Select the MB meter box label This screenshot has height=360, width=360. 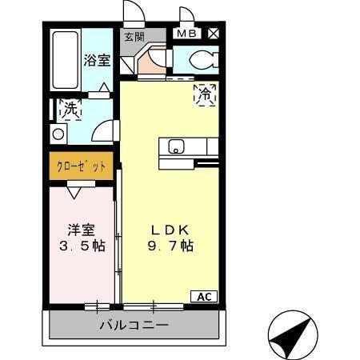coord(186,34)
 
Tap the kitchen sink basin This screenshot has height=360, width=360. coord(176,146)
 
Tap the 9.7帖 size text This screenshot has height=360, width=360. coord(170,247)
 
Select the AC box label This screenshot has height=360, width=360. coord(204,297)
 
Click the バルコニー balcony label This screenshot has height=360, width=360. coord(134,326)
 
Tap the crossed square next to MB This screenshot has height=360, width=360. coord(214,34)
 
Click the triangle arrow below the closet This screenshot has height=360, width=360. coord(74,192)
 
